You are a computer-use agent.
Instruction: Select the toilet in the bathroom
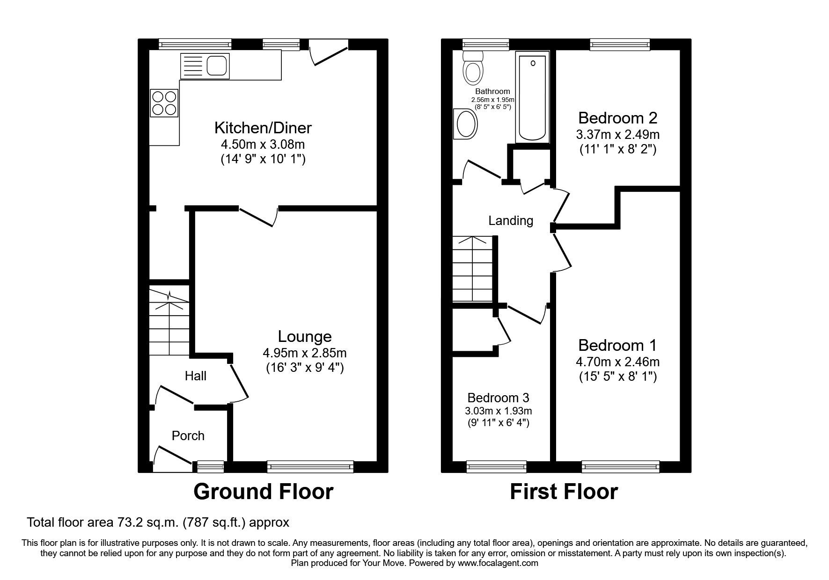pos(473,69)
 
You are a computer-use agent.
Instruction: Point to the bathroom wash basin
pos(465,124)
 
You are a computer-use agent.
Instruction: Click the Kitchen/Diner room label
pos(263,127)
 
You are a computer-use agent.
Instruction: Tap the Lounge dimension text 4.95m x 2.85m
pos(305,353)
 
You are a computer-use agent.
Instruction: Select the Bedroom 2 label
pos(617,117)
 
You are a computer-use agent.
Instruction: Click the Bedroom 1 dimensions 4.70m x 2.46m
pos(617,362)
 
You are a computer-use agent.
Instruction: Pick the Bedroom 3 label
pos(498,398)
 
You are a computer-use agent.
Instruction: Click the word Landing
pos(511,220)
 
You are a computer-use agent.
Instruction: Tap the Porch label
pos(188,435)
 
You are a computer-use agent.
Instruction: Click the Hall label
pos(195,376)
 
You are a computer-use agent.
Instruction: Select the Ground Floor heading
pos(263,492)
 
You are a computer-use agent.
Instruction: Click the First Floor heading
pos(564,492)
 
